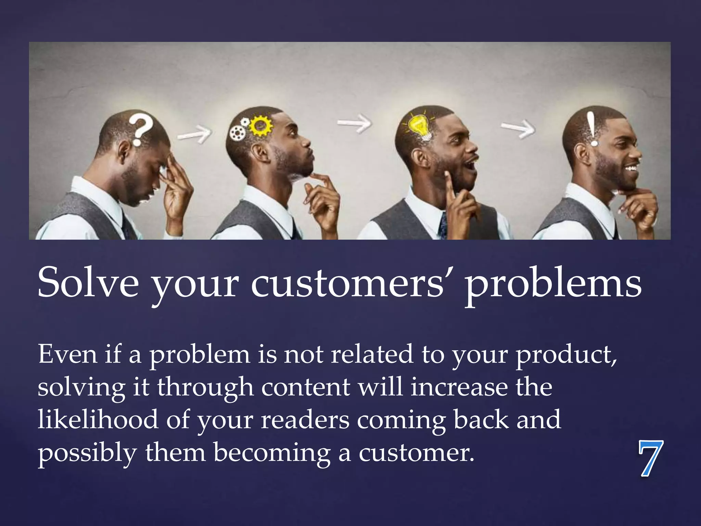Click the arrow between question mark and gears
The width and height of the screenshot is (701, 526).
pyautogui.click(x=194, y=134)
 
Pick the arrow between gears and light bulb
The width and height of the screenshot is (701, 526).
pyautogui.click(x=354, y=123)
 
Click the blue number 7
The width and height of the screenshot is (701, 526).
pyautogui.click(x=650, y=458)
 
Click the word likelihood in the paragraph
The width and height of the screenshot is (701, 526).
pyautogui.click(x=98, y=419)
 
